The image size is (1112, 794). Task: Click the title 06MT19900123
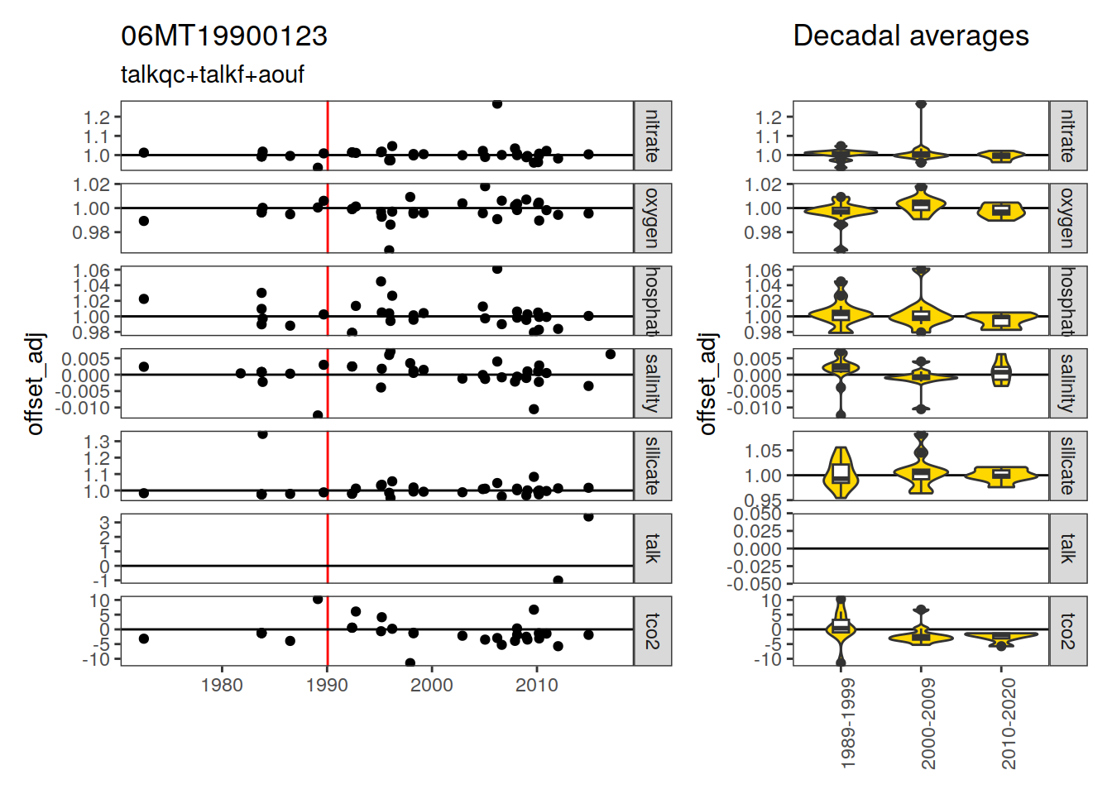pyautogui.click(x=224, y=36)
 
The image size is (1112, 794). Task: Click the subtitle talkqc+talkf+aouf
pyautogui.click(x=213, y=74)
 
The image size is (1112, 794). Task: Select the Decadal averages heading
pyautogui.click(x=910, y=36)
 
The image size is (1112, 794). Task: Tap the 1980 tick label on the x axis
pyautogui.click(x=222, y=685)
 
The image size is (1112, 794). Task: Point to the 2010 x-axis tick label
pyautogui.click(x=537, y=685)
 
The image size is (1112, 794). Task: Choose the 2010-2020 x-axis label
pyautogui.click(x=1009, y=724)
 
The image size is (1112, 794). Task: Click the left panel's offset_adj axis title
pyautogui.click(x=35, y=384)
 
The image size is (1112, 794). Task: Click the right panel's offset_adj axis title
pyautogui.click(x=707, y=384)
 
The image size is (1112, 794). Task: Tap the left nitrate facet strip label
pyautogui.click(x=653, y=136)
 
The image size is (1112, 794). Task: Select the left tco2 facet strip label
pyautogui.click(x=653, y=631)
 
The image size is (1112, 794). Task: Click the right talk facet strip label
pyautogui.click(x=1068, y=548)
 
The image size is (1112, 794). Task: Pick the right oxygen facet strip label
pyautogui.click(x=1068, y=218)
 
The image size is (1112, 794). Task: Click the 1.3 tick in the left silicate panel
pyautogui.click(x=97, y=442)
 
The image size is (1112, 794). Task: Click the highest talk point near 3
pyautogui.click(x=588, y=516)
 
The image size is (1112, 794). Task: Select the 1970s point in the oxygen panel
pyautogui.click(x=144, y=221)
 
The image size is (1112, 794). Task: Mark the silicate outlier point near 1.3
pyautogui.click(x=262, y=433)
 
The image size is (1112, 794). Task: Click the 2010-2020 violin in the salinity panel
pyautogui.click(x=1001, y=371)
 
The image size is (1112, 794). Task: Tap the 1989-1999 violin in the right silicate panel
pyautogui.click(x=841, y=473)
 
